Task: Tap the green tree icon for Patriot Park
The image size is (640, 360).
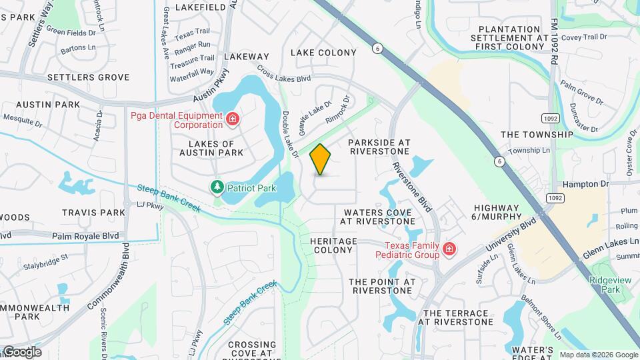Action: tap(217, 187)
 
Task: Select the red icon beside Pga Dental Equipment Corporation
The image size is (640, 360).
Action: tap(233, 119)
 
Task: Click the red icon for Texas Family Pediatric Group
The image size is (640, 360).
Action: tap(449, 249)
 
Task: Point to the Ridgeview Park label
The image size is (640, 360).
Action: tap(605, 285)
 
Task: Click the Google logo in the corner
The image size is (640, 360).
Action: tap(21, 352)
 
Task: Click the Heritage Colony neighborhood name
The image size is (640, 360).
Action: tap(333, 245)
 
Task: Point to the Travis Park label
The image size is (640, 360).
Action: tap(93, 213)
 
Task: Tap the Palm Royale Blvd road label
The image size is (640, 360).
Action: tap(85, 235)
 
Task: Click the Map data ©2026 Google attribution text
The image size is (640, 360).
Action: tap(599, 355)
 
